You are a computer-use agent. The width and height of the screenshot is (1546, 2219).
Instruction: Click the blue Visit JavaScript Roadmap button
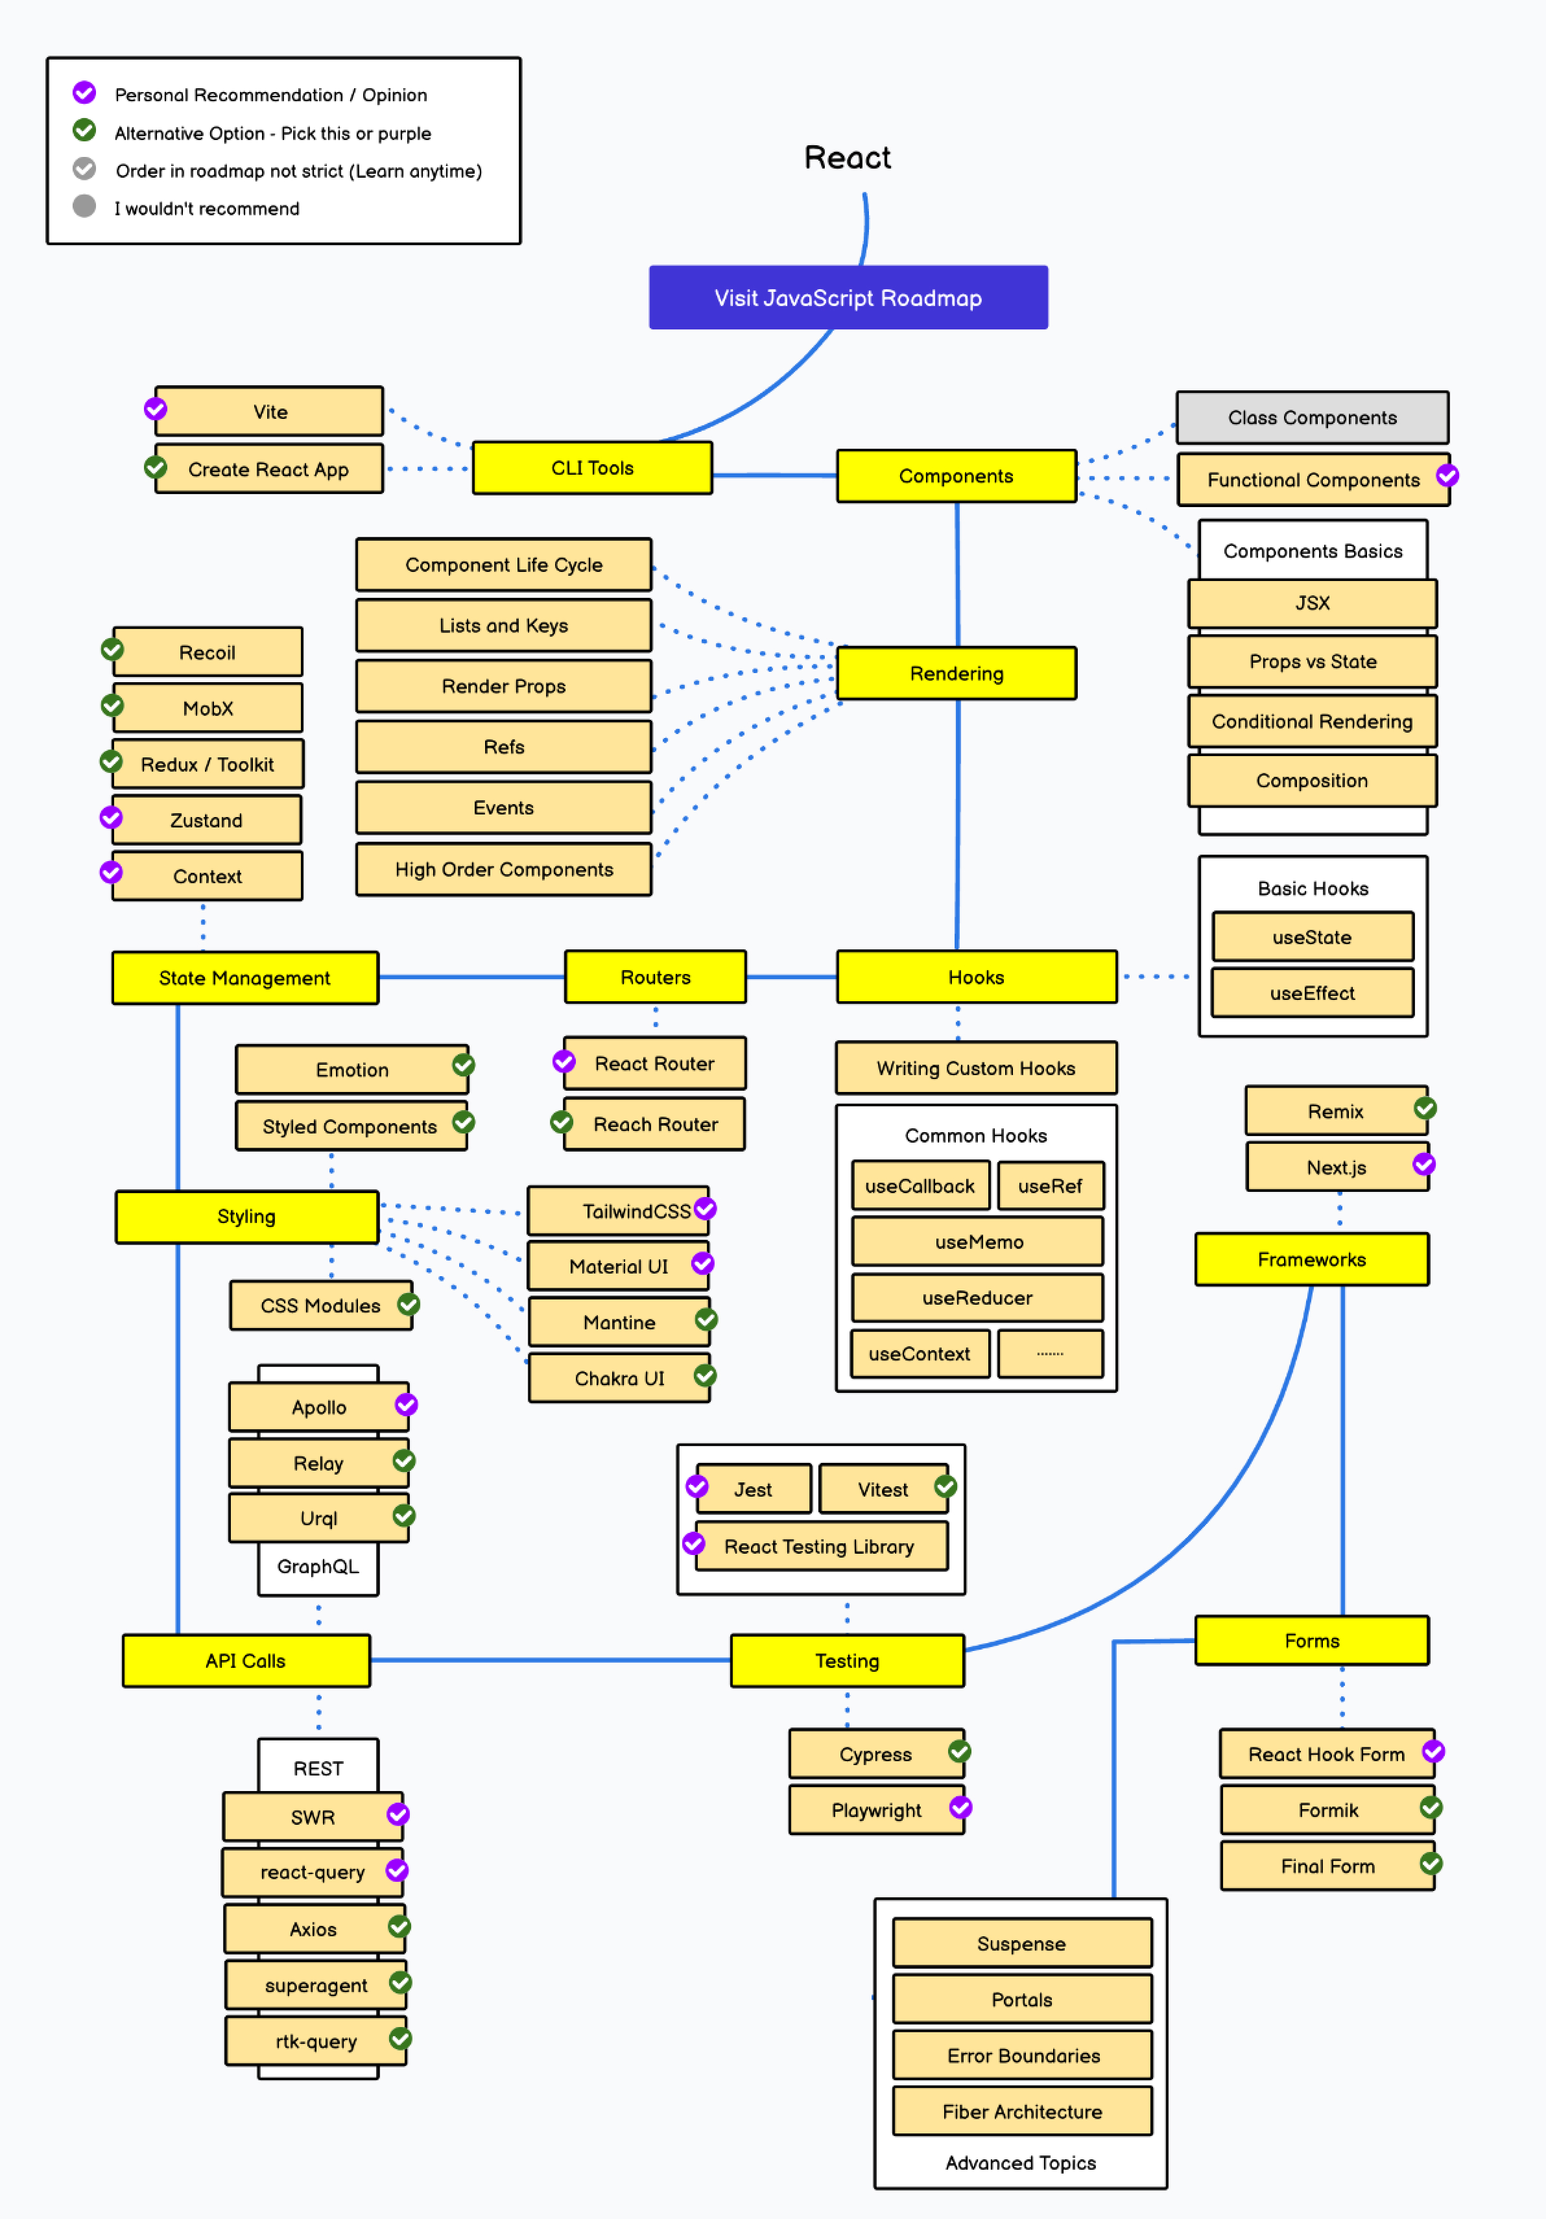click(x=848, y=298)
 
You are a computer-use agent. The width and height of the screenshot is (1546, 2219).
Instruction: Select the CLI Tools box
click(x=591, y=468)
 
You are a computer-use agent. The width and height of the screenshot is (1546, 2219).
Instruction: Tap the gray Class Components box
click(x=1311, y=418)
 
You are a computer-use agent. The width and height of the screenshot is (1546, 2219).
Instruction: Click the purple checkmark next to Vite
click(x=156, y=409)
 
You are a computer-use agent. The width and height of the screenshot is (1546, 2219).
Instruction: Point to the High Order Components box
click(x=503, y=869)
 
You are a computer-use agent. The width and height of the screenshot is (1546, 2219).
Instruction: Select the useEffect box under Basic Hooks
click(x=1311, y=993)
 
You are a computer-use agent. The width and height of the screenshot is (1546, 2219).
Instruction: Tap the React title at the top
click(x=848, y=158)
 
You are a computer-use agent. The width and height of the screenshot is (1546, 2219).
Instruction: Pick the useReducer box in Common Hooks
click(x=977, y=1297)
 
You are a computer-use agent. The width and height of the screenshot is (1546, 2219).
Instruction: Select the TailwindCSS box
click(x=619, y=1211)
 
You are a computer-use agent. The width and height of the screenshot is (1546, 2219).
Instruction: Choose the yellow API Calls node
click(x=245, y=1661)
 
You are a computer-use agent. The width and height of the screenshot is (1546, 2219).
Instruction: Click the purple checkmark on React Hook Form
click(x=1433, y=1751)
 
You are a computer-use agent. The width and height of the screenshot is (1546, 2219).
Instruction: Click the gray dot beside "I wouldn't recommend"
click(x=85, y=206)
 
